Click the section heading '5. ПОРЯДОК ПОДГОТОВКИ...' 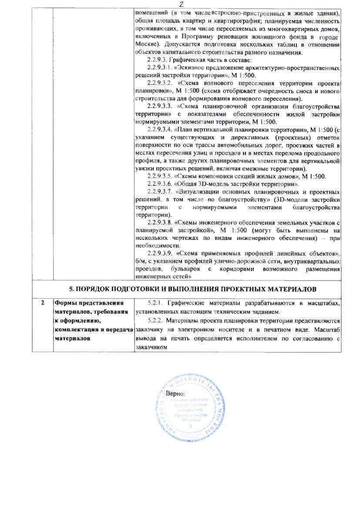(x=193, y=289)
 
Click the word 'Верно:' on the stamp (x=176, y=394)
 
